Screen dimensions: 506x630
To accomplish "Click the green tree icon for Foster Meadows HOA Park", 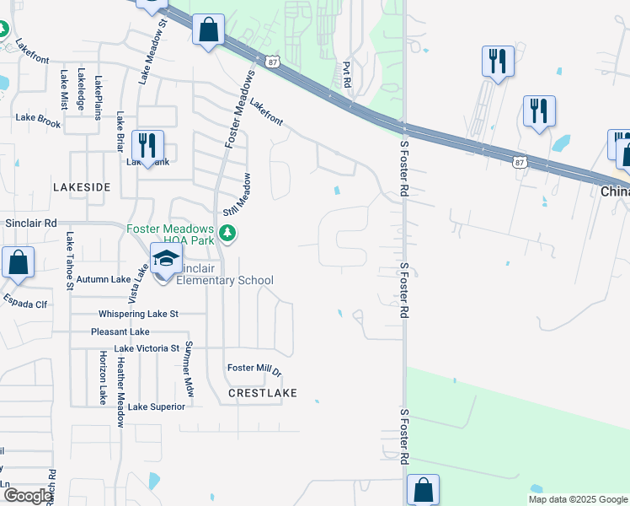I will pyautogui.click(x=226, y=233).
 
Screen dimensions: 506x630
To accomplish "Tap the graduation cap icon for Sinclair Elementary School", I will pyautogui.click(x=166, y=260).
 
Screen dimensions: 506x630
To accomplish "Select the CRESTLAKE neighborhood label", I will pyautogui.click(x=261, y=393).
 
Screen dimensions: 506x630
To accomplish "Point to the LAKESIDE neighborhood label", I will pyautogui.click(x=81, y=186).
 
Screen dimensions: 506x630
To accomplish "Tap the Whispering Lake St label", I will pyautogui.click(x=139, y=314).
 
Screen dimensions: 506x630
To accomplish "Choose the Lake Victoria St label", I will pyautogui.click(x=147, y=347).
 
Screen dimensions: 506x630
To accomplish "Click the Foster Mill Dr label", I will pyautogui.click(x=254, y=369).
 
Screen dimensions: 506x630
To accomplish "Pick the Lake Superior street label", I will pyautogui.click(x=156, y=406).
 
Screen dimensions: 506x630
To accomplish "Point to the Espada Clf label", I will pyautogui.click(x=24, y=300).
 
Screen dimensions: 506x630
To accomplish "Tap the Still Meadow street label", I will pyautogui.click(x=237, y=195).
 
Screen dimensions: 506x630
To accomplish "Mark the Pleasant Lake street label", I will pyautogui.click(x=120, y=332).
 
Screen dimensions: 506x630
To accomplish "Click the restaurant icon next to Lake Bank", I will pyautogui.click(x=147, y=146).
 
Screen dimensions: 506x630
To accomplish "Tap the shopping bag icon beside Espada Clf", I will pyautogui.click(x=18, y=262).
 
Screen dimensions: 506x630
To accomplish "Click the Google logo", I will pyautogui.click(x=29, y=496).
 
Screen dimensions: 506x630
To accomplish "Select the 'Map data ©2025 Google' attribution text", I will pyautogui.click(x=577, y=499).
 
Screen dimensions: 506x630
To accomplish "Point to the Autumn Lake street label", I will pyautogui.click(x=104, y=279).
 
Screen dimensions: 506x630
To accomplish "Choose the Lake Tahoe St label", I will pyautogui.click(x=71, y=261).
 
